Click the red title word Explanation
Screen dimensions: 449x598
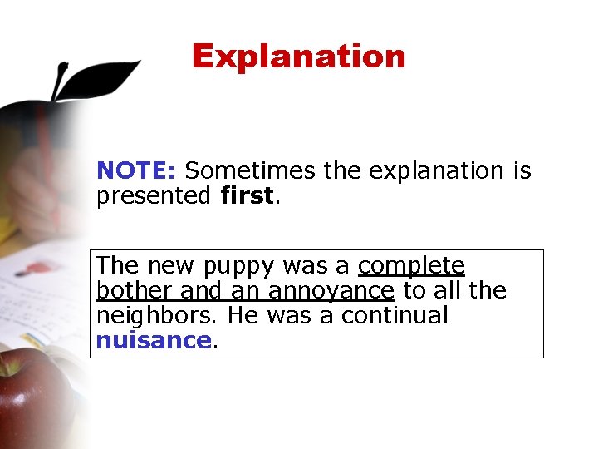pos(298,57)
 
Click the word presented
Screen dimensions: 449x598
pos(154,196)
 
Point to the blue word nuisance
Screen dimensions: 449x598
pos(154,340)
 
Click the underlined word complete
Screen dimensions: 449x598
pos(411,266)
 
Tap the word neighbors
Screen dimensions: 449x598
pos(158,316)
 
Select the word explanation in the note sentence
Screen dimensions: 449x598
pos(436,170)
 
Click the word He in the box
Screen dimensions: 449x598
pos(243,315)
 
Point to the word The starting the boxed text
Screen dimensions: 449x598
pos(117,265)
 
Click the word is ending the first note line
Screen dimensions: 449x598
pos(522,170)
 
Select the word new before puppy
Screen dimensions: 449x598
pos(169,266)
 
